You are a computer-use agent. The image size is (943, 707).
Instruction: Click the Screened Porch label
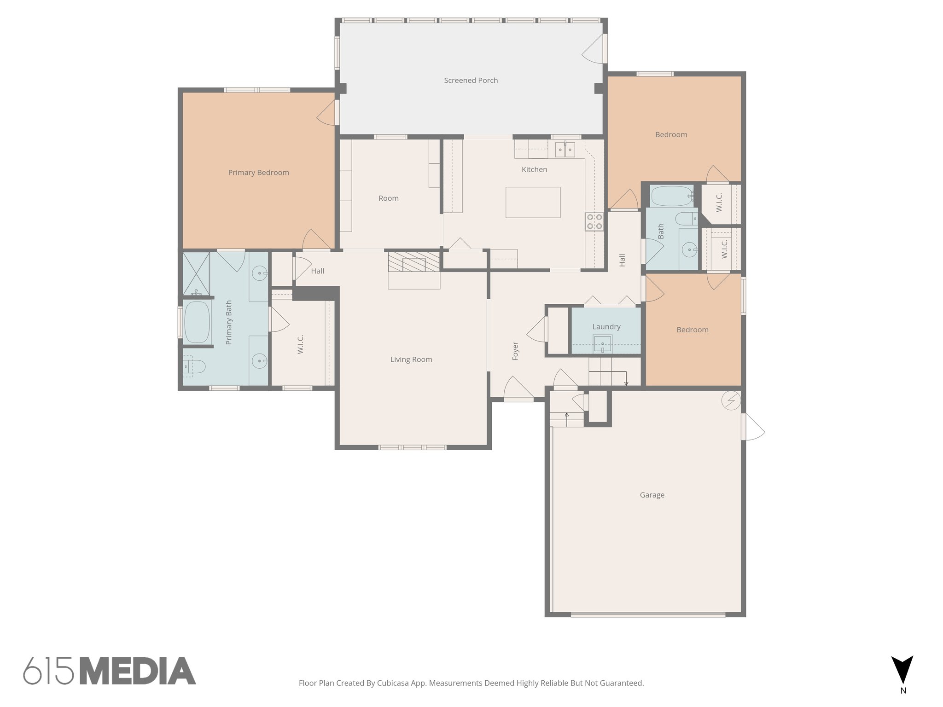click(x=471, y=81)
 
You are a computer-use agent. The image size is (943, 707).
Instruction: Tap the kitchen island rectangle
click(x=533, y=202)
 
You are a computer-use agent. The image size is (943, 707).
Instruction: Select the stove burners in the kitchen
click(x=594, y=221)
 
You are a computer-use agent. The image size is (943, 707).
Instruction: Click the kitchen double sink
click(x=565, y=150)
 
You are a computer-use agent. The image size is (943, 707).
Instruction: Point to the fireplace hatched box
click(x=413, y=261)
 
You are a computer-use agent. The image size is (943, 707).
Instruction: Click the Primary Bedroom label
click(x=258, y=173)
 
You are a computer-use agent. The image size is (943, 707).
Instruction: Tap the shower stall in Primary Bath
click(x=196, y=273)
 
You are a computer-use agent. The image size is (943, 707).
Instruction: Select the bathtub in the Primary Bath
click(x=197, y=322)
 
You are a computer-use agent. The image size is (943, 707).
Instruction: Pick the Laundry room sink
click(x=602, y=344)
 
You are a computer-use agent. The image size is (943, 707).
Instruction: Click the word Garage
click(x=652, y=495)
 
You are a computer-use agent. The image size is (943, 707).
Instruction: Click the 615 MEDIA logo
click(x=109, y=671)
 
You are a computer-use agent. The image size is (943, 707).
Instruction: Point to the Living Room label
click(x=411, y=359)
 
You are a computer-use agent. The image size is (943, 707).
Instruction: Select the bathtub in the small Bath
click(x=672, y=196)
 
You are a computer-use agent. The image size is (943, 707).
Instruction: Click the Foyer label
click(x=515, y=351)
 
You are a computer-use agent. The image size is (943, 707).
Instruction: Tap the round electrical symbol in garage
click(x=731, y=400)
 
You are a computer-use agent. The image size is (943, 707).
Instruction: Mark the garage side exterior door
click(x=752, y=427)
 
